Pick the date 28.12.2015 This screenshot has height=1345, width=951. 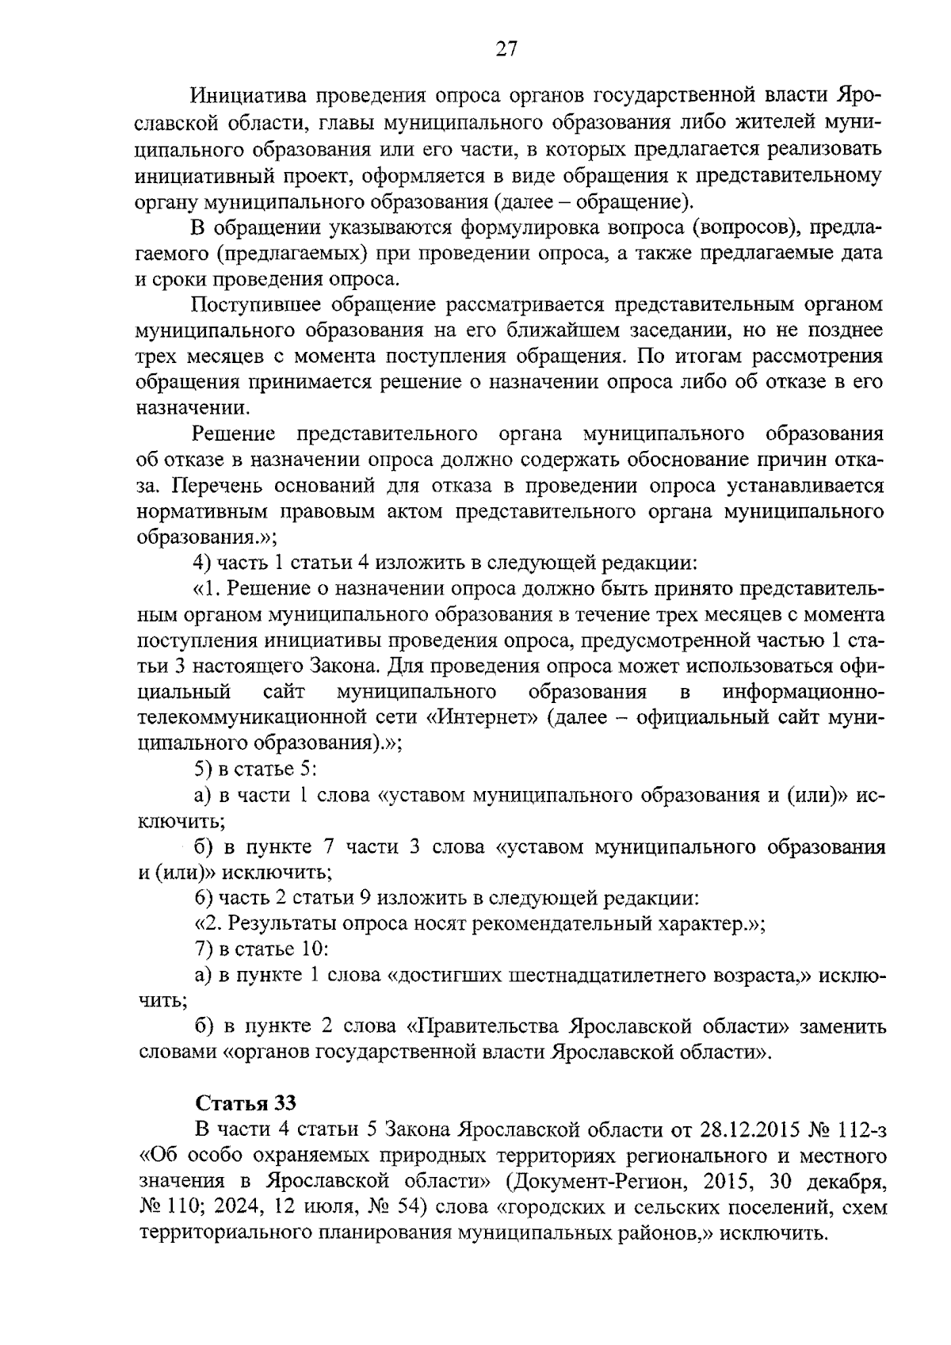tap(743, 1129)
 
